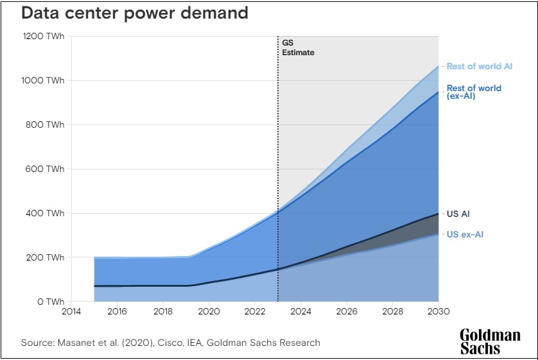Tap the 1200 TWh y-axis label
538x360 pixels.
point(43,37)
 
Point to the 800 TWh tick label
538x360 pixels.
point(45,125)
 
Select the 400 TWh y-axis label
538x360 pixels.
point(45,214)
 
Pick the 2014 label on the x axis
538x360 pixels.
point(71,313)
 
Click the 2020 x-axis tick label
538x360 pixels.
point(209,313)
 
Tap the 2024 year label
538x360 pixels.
point(300,313)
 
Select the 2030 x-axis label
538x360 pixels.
point(438,313)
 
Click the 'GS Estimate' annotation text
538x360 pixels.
point(298,47)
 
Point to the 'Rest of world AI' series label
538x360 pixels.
point(480,66)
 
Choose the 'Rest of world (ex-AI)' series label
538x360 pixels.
point(474,92)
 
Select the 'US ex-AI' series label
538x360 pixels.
point(465,234)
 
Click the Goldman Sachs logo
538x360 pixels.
point(490,341)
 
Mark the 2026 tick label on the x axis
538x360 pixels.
point(347,313)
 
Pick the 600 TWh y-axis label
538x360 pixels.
point(45,169)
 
